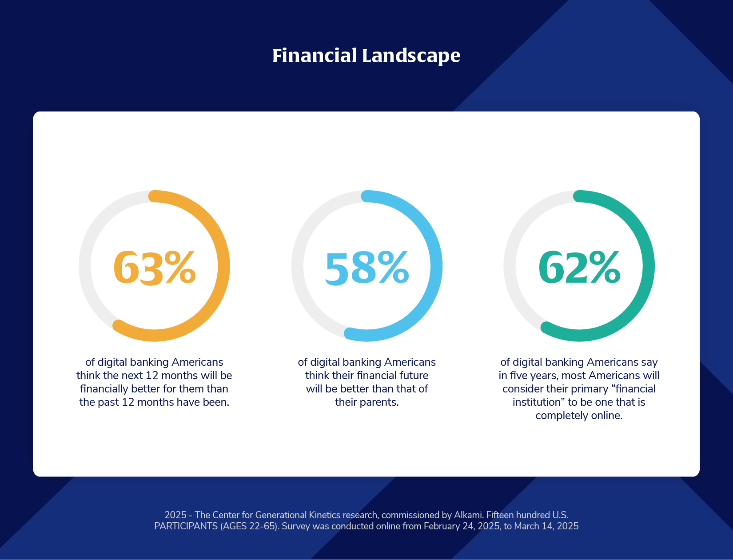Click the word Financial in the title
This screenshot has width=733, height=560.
point(315,55)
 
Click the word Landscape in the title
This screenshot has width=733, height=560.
point(411,56)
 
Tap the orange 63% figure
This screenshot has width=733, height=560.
point(154,268)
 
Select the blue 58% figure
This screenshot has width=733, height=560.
point(366,268)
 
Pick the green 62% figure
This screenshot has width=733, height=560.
point(579,268)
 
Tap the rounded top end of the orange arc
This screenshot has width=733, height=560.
point(154,196)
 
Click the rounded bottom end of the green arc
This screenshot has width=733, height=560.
point(547,328)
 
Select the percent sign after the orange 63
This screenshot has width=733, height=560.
point(180,268)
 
